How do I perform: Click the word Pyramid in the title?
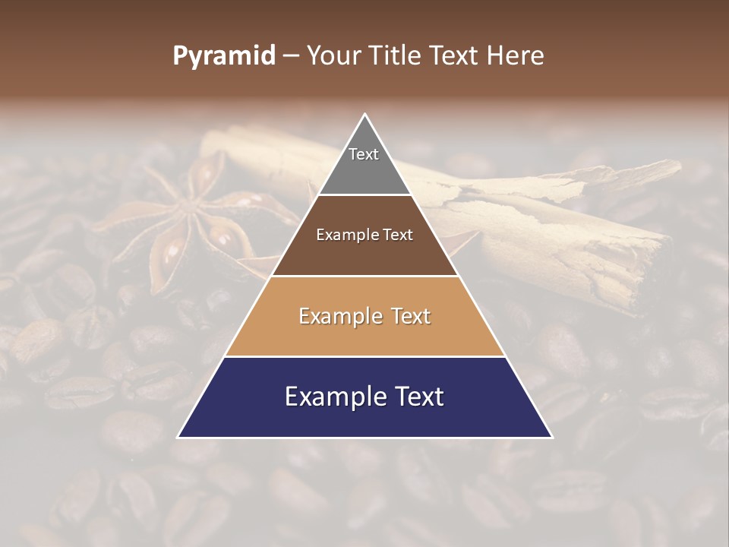[223, 56]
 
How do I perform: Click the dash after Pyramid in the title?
[290, 56]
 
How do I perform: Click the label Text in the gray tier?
[364, 154]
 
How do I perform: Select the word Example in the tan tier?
[339, 316]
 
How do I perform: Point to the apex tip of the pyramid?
[365, 115]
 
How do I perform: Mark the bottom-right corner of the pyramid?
[551, 437]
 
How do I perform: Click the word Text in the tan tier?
[409, 316]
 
